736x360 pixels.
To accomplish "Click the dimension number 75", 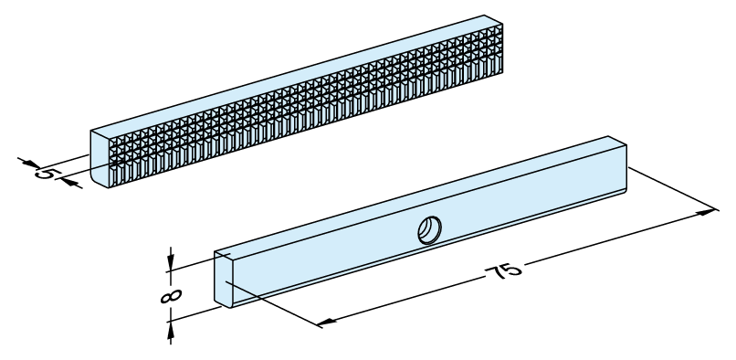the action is coord(503,272).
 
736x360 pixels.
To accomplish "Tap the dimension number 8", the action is coord(171,296).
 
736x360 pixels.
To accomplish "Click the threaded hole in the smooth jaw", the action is coord(429,230).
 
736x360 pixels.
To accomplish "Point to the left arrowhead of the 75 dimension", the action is coord(327,322).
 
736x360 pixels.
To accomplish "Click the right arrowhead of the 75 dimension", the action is coord(708,212).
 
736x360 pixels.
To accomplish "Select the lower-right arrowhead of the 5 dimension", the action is coord(69,183).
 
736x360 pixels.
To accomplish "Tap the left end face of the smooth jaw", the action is coord(224,280).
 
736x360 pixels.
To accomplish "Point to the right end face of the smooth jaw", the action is coord(617,164).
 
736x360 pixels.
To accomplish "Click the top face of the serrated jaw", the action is coord(297,74).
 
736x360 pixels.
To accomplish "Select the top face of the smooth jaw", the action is coord(421,194).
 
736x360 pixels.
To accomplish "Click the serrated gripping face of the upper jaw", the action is coord(307,107).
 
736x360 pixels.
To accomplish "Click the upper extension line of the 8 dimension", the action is coord(198,263).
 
